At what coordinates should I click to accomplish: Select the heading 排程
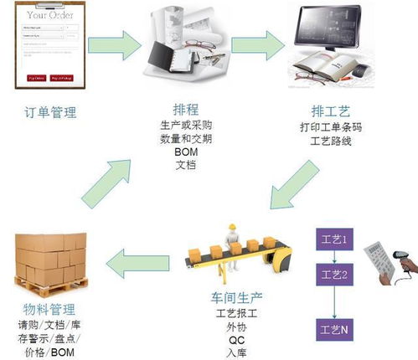(x=186, y=109)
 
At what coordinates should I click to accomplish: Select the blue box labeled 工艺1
(x=334, y=240)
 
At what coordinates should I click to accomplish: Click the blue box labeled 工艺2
(x=334, y=274)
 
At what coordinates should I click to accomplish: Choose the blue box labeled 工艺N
(x=334, y=330)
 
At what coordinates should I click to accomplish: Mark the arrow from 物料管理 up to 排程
(x=107, y=172)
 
